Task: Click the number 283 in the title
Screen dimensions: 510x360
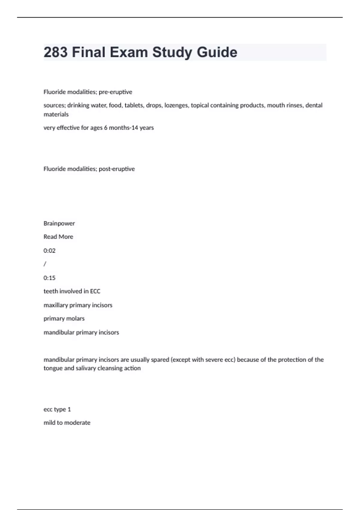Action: (x=55, y=52)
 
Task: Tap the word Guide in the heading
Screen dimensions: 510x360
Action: (x=217, y=52)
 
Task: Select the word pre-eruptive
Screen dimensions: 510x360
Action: (x=115, y=92)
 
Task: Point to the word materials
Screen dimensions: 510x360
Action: (x=56, y=114)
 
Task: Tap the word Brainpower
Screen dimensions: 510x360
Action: (x=59, y=223)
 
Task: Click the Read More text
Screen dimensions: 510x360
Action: (x=58, y=237)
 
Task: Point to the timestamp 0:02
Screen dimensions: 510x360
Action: (x=49, y=250)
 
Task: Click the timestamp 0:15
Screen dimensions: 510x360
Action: (x=49, y=278)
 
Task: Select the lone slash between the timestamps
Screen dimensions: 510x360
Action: (x=45, y=264)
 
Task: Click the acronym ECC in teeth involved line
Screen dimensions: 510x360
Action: (x=95, y=291)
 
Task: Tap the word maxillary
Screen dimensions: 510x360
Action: (x=55, y=305)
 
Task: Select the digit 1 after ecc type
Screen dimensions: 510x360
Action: (x=69, y=409)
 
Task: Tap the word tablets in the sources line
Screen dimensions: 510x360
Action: (x=133, y=105)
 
